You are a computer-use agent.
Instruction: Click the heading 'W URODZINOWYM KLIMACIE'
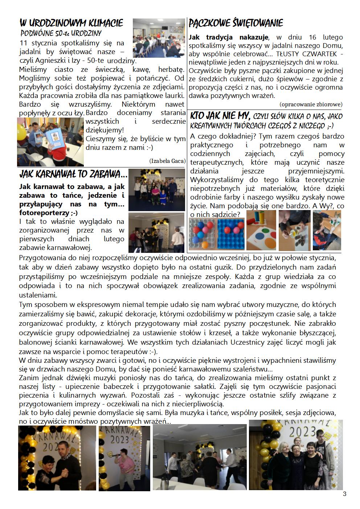click(x=71, y=24)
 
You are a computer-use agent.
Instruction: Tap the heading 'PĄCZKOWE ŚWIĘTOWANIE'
click(x=236, y=24)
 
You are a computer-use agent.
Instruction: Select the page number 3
click(x=344, y=494)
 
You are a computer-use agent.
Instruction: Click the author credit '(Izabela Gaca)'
click(x=167, y=161)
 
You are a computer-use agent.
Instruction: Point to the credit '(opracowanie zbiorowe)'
click(x=311, y=104)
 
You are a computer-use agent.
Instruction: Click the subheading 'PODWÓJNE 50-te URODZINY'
click(x=61, y=34)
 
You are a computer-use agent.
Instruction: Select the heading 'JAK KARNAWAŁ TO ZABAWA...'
click(x=73, y=175)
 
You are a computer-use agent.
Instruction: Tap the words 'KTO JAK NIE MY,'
click(x=220, y=116)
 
